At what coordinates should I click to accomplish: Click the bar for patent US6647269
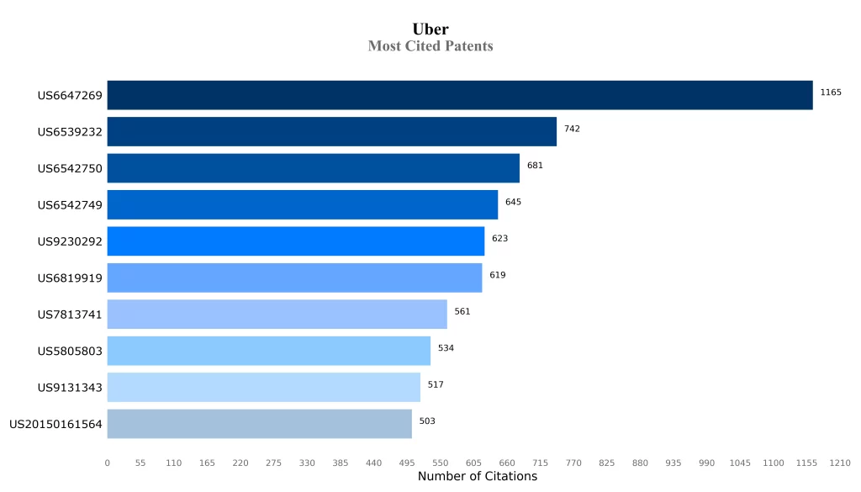pyautogui.click(x=460, y=95)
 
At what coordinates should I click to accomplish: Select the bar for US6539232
pyautogui.click(x=331, y=131)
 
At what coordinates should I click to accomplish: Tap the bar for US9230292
pyautogui.click(x=295, y=241)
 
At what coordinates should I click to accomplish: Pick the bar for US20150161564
pyautogui.click(x=259, y=424)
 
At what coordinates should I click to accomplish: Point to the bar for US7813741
pyautogui.click(x=277, y=315)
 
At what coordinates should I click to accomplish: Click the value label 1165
pyautogui.click(x=831, y=93)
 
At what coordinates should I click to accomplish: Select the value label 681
pyautogui.click(x=535, y=166)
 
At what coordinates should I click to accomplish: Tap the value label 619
pyautogui.click(x=498, y=275)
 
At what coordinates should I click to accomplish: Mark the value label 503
pyautogui.click(x=427, y=421)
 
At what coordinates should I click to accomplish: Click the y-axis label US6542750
pyautogui.click(x=70, y=168)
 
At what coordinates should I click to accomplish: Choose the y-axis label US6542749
pyautogui.click(x=70, y=205)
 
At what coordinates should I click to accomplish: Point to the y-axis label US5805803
pyautogui.click(x=70, y=351)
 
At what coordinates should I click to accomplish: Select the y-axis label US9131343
pyautogui.click(x=70, y=388)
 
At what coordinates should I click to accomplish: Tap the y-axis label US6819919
pyautogui.click(x=70, y=278)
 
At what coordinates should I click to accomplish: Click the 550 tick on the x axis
pyautogui.click(x=441, y=463)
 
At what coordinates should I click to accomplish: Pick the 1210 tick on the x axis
pyautogui.click(x=840, y=463)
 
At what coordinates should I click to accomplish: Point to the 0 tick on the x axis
pyautogui.click(x=107, y=463)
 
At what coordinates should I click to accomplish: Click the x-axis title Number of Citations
pyautogui.click(x=477, y=477)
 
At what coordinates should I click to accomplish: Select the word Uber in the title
pyautogui.click(x=430, y=29)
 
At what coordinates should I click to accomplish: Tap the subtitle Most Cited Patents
pyautogui.click(x=430, y=46)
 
